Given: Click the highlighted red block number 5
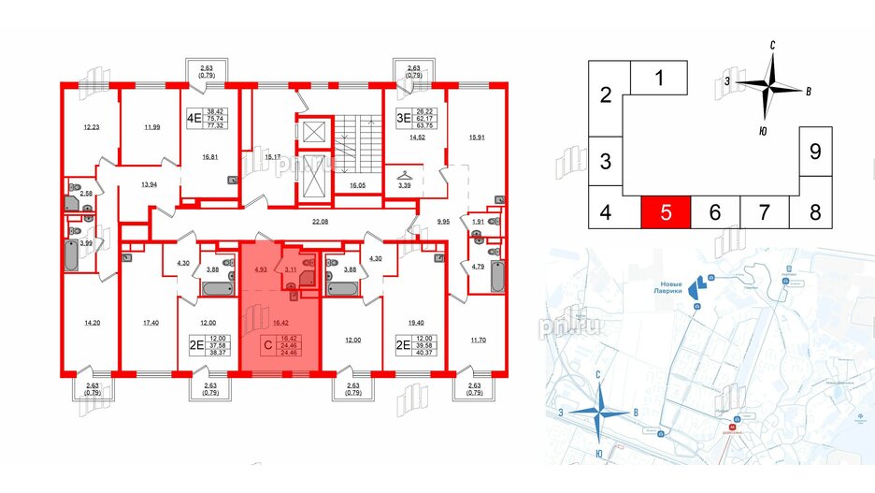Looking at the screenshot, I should (666, 212).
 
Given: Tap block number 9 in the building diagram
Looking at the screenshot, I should (814, 152).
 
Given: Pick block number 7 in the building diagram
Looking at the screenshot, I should (764, 212).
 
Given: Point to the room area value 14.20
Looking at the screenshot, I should (92, 323).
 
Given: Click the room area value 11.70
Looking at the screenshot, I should (478, 323).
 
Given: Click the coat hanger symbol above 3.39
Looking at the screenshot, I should (403, 174).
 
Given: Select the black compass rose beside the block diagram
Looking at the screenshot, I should (771, 86).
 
